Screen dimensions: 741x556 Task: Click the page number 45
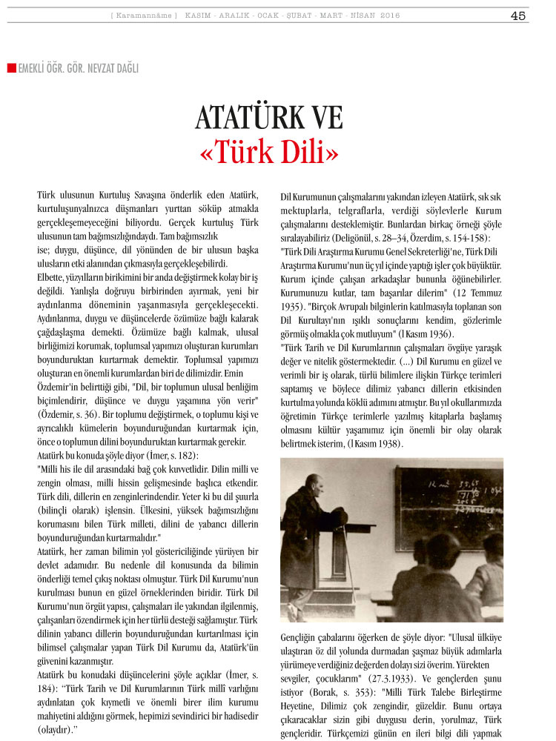[517, 15]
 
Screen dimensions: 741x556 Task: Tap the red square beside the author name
[11, 68]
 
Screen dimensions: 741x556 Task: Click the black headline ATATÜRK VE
[268, 118]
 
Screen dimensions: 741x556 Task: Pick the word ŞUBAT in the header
[299, 16]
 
